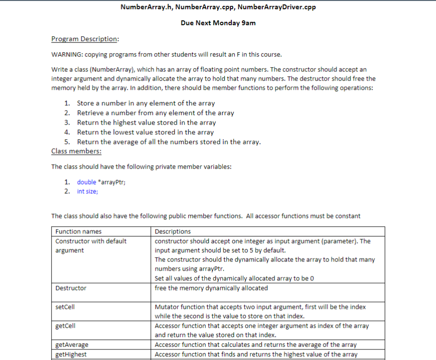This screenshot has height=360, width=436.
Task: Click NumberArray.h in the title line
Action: [x=143, y=7]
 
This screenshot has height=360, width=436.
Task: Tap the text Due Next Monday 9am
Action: [x=218, y=23]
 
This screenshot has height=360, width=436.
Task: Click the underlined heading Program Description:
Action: [x=85, y=39]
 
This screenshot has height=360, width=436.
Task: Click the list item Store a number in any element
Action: [x=145, y=103]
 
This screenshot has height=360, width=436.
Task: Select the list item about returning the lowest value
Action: [x=145, y=132]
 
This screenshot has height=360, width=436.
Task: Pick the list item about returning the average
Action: [x=169, y=142]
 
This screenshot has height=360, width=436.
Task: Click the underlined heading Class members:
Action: [x=76, y=151]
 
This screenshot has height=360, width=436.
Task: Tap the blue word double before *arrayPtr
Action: [x=86, y=182]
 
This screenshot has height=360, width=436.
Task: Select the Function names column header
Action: [x=78, y=231]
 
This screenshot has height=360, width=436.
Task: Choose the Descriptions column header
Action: [x=172, y=231]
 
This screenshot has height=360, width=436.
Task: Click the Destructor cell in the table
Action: [x=71, y=288]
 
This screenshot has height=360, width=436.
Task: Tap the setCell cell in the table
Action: [x=65, y=307]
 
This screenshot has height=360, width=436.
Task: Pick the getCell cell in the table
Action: [x=66, y=326]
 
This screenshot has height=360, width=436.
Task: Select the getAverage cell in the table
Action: [x=71, y=345]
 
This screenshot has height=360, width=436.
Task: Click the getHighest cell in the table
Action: [x=71, y=354]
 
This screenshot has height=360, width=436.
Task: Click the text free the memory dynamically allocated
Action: [x=211, y=288]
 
